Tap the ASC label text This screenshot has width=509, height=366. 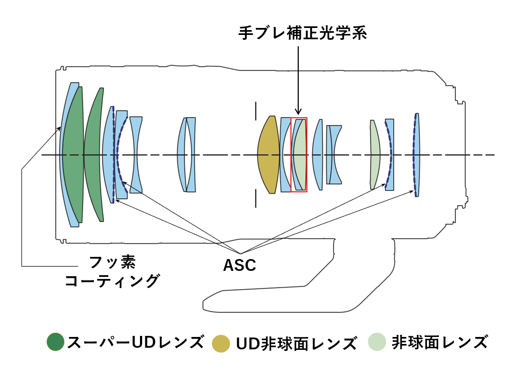point(239,265)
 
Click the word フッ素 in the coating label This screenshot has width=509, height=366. point(112,262)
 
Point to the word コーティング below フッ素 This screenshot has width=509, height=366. point(112,281)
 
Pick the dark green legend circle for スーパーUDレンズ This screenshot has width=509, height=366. point(55,342)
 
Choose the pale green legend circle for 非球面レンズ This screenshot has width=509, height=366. point(377,342)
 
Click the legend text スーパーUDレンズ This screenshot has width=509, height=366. point(135,342)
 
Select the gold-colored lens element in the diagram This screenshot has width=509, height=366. point(268,155)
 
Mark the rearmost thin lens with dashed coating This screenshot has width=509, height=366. point(416,155)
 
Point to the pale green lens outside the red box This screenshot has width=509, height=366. point(374,155)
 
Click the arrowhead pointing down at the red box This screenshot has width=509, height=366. point(298,111)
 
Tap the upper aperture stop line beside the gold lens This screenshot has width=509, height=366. point(256,110)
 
